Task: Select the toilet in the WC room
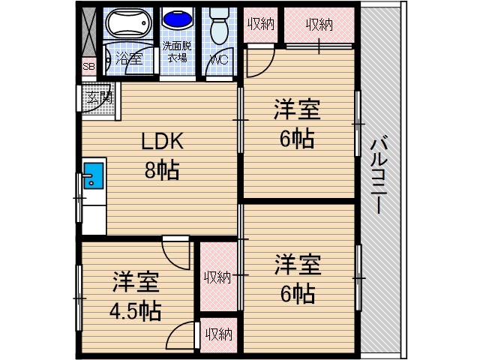(x=220, y=27)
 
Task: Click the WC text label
(x=220, y=58)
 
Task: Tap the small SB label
(x=88, y=67)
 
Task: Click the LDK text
(x=163, y=142)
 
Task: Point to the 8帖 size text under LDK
(x=162, y=170)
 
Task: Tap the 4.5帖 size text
(x=136, y=310)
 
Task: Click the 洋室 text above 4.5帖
(x=136, y=283)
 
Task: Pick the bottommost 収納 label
(x=217, y=334)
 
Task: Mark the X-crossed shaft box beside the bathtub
(x=88, y=33)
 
